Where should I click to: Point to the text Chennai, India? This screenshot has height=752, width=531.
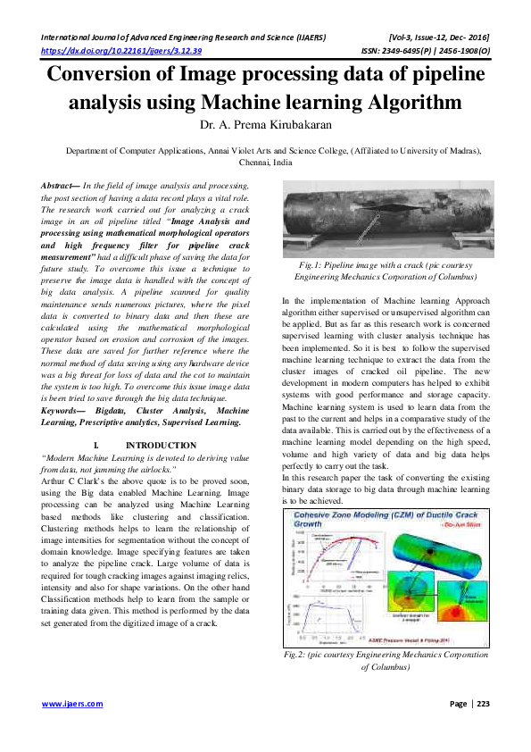coord(266,163)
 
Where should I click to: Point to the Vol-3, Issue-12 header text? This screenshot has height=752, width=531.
coord(441,39)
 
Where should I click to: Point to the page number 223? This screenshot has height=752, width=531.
coord(482,704)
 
